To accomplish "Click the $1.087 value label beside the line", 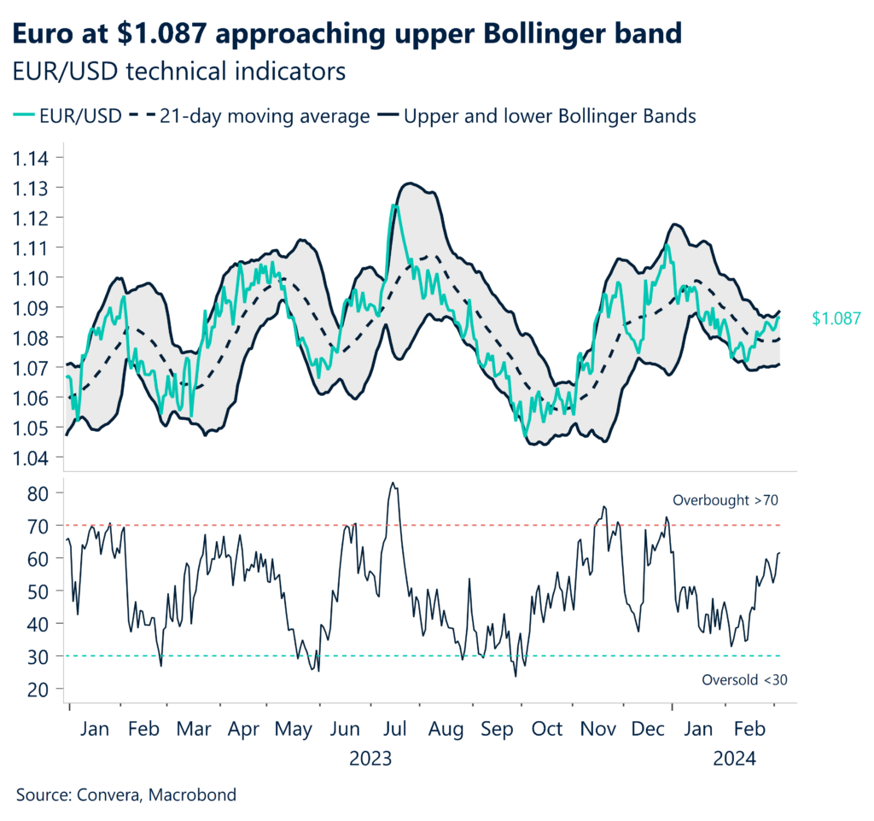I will click(x=836, y=319).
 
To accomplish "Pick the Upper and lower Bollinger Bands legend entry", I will click(x=549, y=116).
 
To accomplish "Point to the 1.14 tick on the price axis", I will click(x=31, y=158).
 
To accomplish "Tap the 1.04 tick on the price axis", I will click(x=31, y=457).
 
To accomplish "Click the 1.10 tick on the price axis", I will click(x=31, y=277).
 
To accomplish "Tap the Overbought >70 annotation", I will click(x=725, y=500).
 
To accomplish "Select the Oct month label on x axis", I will click(x=547, y=730).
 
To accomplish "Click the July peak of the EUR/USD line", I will click(x=393, y=206).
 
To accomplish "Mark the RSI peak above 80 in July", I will click(x=392, y=483).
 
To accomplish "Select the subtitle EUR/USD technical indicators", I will click(x=178, y=71).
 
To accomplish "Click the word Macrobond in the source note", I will click(x=192, y=795).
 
